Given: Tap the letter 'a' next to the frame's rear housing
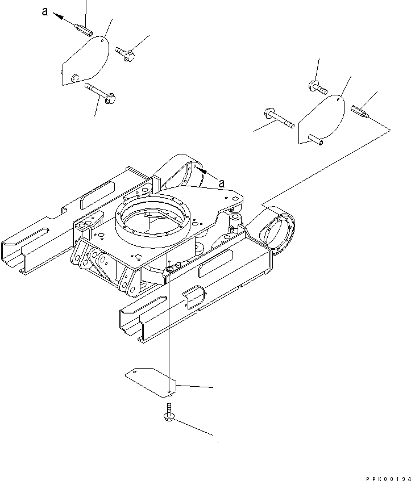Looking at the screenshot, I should pos(222,183).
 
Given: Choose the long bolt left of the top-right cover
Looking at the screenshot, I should pos(278,118).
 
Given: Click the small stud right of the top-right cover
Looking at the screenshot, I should pos(360,110).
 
